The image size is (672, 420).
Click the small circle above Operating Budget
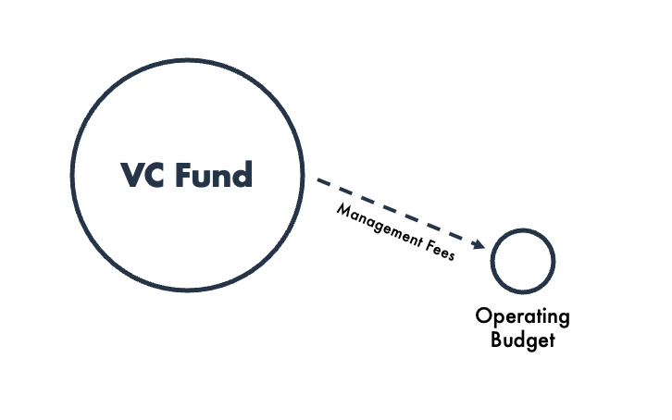point(522,261)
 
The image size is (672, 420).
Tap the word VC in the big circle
point(142,174)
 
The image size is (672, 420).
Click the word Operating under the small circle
point(523,317)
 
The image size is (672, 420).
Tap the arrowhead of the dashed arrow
point(478,245)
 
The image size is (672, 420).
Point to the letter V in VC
point(131,174)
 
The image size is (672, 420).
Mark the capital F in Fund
point(186,174)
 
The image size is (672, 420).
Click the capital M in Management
point(342,210)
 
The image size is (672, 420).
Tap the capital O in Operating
point(483,315)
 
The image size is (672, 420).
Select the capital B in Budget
point(496,339)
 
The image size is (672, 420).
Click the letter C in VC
point(154,174)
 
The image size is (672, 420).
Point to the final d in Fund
point(243,174)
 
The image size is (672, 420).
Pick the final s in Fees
point(451,255)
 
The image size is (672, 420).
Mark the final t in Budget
point(551,340)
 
